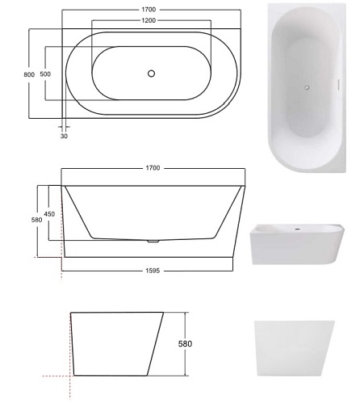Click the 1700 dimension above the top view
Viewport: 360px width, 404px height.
click(149, 10)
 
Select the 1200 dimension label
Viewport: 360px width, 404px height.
click(149, 20)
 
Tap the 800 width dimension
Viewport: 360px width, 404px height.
click(29, 74)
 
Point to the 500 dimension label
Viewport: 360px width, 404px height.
click(45, 74)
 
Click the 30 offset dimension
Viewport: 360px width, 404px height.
click(64, 136)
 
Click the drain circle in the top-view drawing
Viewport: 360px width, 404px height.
click(152, 74)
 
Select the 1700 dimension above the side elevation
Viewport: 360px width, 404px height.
click(153, 168)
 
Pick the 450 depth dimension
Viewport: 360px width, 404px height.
click(49, 214)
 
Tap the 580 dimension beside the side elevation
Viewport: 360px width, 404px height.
click(36, 220)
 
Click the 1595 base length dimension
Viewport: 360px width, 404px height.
click(153, 271)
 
